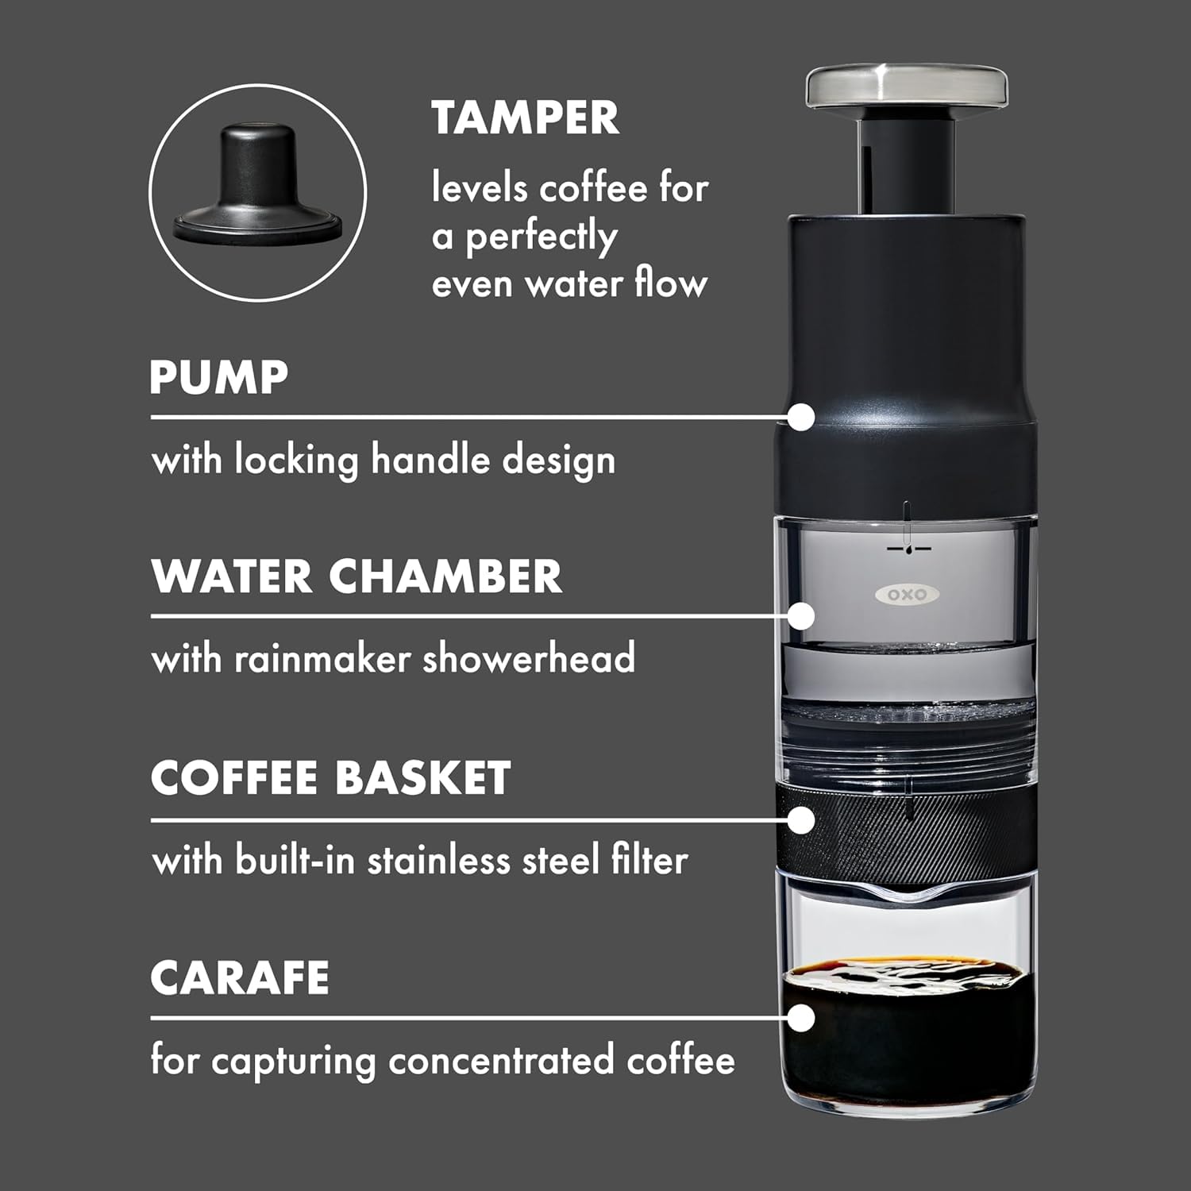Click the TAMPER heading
525,118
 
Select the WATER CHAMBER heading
357,576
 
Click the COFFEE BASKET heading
330,777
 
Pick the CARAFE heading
240,977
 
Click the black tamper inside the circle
257,183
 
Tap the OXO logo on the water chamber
907,595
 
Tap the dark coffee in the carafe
907,1032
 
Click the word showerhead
529,659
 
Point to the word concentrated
501,1061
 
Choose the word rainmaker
322,660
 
